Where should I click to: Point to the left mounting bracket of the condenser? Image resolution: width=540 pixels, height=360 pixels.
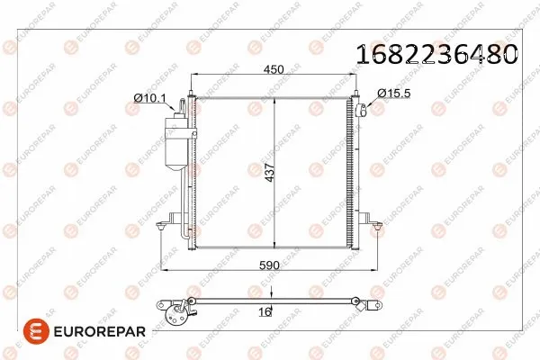[x=167, y=220]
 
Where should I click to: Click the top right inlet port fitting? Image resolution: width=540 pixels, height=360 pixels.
[x=359, y=111]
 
